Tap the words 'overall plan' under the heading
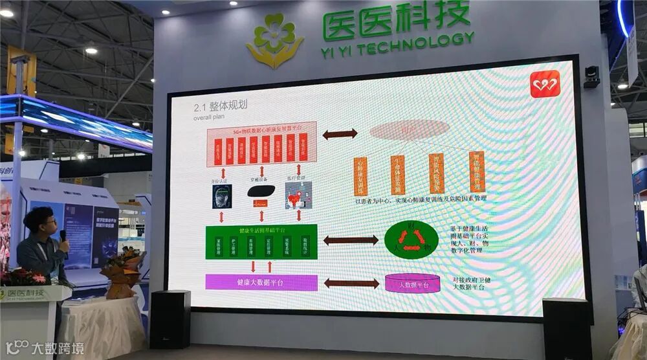[209, 119]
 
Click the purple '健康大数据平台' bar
[261, 282]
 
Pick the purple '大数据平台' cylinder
[413, 284]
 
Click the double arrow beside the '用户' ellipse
[340, 134]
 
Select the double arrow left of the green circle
[350, 240]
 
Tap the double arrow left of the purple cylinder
[351, 283]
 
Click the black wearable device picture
[261, 190]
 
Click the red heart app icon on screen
[545, 84]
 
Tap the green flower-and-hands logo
[274, 41]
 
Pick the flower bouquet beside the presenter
[122, 271]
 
